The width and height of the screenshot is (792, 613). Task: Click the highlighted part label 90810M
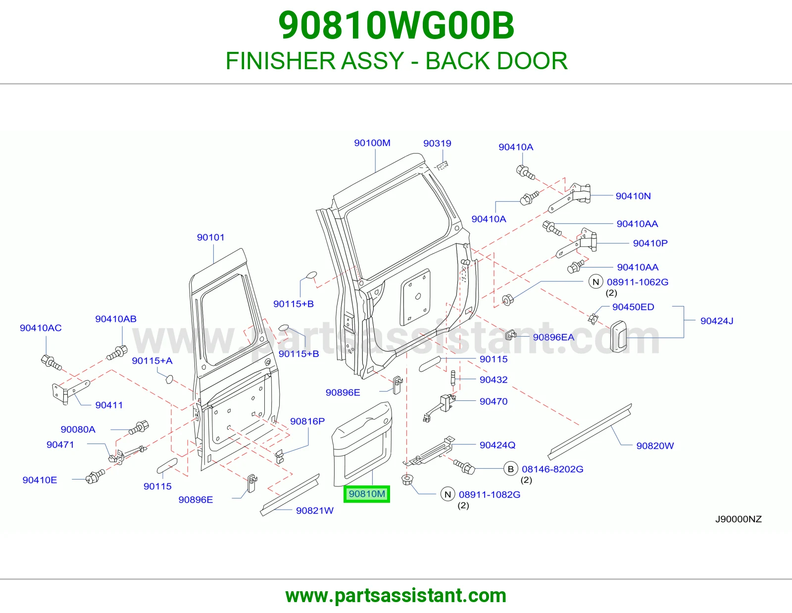(x=367, y=494)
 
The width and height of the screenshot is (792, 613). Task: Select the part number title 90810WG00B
(x=396, y=26)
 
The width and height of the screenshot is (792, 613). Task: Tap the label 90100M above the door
(x=372, y=143)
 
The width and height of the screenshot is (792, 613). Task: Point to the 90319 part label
(x=437, y=143)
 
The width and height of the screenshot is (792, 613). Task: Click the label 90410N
(x=633, y=196)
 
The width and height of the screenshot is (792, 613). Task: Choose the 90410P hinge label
(x=650, y=243)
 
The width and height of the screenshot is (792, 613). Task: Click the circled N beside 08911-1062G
(x=596, y=282)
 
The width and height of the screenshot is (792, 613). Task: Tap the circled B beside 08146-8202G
(x=511, y=469)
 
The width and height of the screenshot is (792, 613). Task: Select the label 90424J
(x=717, y=321)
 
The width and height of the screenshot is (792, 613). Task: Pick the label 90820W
(x=655, y=445)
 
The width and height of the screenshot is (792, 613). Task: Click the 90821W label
(x=314, y=510)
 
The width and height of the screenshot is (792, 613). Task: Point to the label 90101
(x=211, y=237)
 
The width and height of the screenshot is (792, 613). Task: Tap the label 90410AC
(x=41, y=328)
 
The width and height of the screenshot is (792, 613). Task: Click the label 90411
(x=109, y=405)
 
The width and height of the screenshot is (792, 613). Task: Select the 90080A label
(x=78, y=430)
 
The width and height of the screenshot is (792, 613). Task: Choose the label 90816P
(x=307, y=421)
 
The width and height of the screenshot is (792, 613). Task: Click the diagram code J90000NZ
(x=739, y=519)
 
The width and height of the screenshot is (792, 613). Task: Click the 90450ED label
(x=633, y=307)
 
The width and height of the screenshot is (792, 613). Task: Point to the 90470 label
(x=494, y=401)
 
